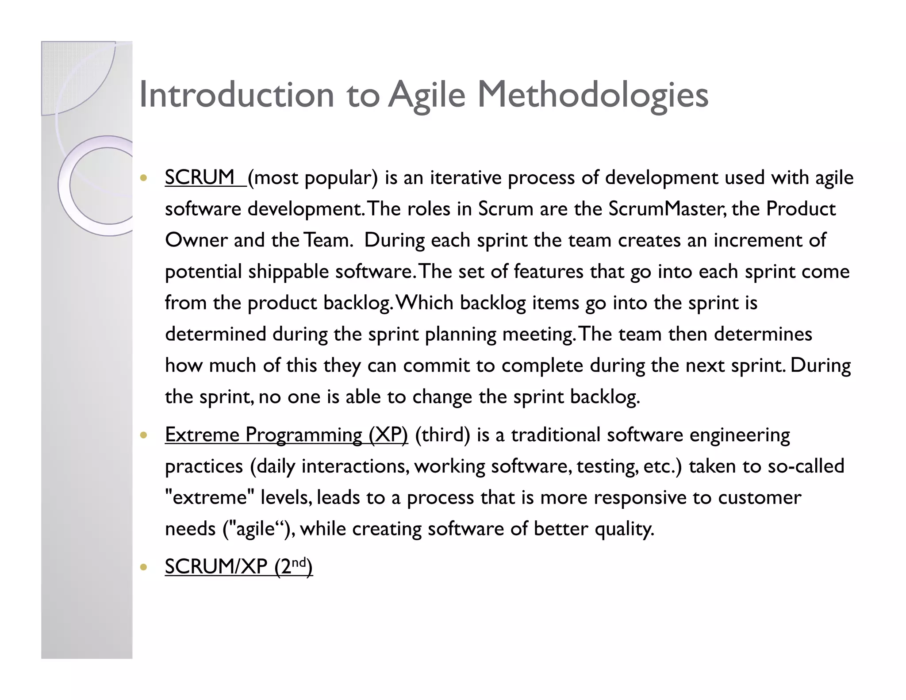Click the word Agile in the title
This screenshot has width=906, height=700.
(427, 95)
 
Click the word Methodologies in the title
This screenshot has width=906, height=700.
(593, 95)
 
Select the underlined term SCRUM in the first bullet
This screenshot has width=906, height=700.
(200, 177)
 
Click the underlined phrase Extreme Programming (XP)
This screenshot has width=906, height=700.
(286, 435)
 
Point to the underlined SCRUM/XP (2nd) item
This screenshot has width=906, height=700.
(238, 566)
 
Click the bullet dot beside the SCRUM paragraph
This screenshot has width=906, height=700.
(142, 178)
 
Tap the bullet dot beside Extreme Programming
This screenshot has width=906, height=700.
(142, 435)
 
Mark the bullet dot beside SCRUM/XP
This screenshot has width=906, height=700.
(142, 567)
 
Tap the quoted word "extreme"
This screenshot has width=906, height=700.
(209, 498)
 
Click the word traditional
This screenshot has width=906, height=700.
(556, 435)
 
